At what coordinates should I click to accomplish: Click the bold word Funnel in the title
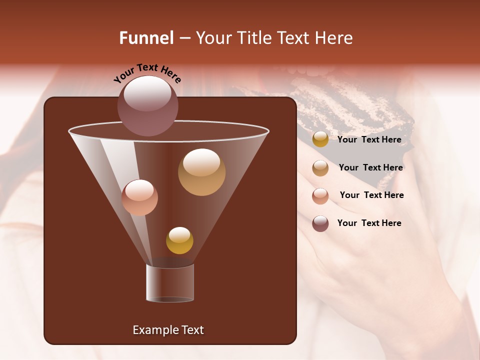[146, 38]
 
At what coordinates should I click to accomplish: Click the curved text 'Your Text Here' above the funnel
[147, 73]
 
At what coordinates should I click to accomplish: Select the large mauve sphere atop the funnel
[148, 105]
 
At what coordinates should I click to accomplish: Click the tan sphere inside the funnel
[201, 172]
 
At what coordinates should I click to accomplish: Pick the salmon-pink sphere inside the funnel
[139, 197]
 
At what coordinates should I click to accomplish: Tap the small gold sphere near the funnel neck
[179, 240]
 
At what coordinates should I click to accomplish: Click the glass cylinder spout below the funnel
[170, 283]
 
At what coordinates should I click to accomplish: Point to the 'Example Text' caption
[168, 330]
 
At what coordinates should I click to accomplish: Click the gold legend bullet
[320, 139]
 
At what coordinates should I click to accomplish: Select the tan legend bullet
[320, 168]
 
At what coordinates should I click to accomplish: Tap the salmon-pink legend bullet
[320, 196]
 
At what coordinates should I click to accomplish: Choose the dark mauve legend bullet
[320, 223]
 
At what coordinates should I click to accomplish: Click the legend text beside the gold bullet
[369, 139]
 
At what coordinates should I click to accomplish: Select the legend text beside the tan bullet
[370, 167]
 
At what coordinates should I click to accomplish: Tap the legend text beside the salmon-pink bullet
[371, 195]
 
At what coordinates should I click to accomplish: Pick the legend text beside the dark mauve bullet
[369, 223]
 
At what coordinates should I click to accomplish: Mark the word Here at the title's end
[334, 38]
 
